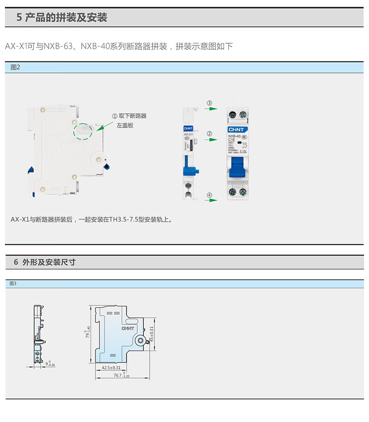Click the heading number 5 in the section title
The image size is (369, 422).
[19, 18]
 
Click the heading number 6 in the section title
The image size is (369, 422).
[15, 262]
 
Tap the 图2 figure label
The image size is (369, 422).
[15, 67]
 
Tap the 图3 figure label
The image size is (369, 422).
[13, 284]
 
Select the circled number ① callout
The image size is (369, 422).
[115, 116]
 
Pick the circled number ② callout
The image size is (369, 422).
[209, 133]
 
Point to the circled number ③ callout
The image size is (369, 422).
[209, 103]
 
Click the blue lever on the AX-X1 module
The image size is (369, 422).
[190, 170]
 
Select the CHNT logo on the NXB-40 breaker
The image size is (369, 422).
[233, 129]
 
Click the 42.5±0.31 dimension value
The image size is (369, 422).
[111, 367]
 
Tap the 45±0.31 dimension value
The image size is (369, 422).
[152, 335]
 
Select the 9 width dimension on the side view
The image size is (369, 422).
[47, 364]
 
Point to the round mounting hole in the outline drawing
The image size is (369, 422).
[141, 340]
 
